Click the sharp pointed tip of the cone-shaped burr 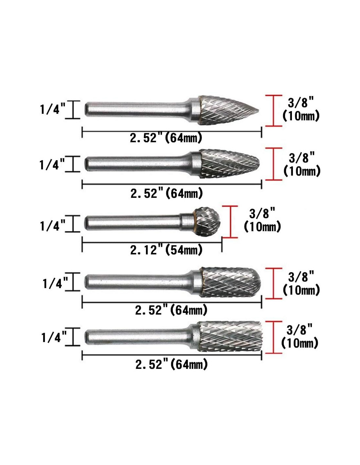(x=259, y=111)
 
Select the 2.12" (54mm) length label (x=166, y=250)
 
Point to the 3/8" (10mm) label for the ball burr (x=262, y=220)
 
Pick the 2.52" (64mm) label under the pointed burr (x=166, y=138)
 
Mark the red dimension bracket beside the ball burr (x=230, y=222)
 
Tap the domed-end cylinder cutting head (x=230, y=282)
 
